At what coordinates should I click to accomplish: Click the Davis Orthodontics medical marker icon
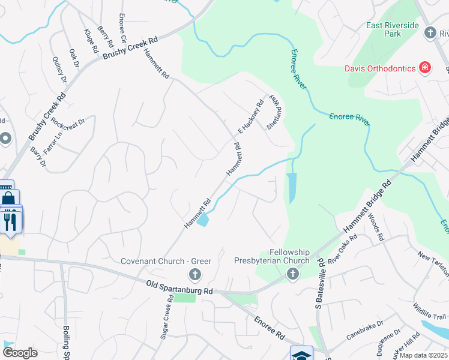[x=425, y=67]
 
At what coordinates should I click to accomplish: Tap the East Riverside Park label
[x=393, y=29]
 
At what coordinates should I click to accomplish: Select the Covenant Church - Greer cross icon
[x=194, y=275]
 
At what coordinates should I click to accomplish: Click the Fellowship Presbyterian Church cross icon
[x=292, y=274]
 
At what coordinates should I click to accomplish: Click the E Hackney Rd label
[x=251, y=116]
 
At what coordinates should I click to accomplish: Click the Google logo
[x=20, y=352]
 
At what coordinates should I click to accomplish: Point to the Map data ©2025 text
[x=423, y=355]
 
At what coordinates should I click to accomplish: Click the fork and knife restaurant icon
[x=11, y=221]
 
